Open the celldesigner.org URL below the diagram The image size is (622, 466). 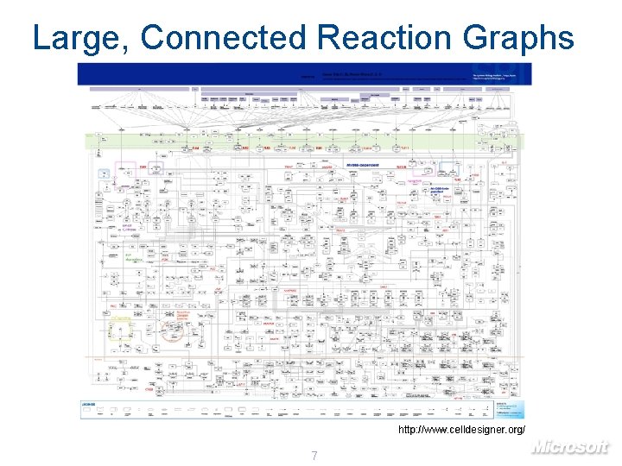pos(460,429)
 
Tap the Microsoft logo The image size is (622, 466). pos(570,446)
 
